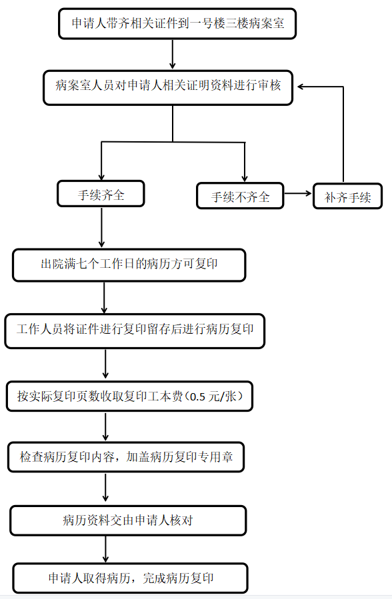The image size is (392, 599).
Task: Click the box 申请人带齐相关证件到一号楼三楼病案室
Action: (x=177, y=24)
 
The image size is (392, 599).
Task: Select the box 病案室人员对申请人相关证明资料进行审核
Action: (x=168, y=87)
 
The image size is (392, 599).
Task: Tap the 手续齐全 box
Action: (x=101, y=194)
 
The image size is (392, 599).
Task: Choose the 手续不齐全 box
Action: (x=240, y=196)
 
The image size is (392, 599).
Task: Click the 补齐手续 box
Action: (x=348, y=197)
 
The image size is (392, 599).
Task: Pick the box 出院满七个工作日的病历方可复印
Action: (x=129, y=265)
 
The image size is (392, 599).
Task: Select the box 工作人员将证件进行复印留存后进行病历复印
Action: (x=135, y=331)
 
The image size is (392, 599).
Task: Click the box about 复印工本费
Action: (x=129, y=396)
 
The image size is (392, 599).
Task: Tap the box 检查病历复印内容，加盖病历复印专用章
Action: (x=126, y=457)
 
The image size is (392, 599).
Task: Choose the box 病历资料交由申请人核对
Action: (x=128, y=520)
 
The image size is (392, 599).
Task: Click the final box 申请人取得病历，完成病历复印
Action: (x=130, y=578)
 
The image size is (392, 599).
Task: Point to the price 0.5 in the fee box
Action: (x=197, y=397)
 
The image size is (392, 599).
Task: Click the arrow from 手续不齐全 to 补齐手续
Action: (x=298, y=194)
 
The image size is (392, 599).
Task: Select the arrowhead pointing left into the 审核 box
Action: (x=301, y=87)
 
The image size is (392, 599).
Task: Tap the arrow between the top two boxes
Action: (x=172, y=54)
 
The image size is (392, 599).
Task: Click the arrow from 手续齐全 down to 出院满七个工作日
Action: (x=101, y=228)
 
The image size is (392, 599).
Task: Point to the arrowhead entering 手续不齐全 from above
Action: (x=245, y=179)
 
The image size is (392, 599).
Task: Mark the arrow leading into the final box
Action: (x=105, y=549)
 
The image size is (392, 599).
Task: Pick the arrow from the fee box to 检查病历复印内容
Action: (x=105, y=426)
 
